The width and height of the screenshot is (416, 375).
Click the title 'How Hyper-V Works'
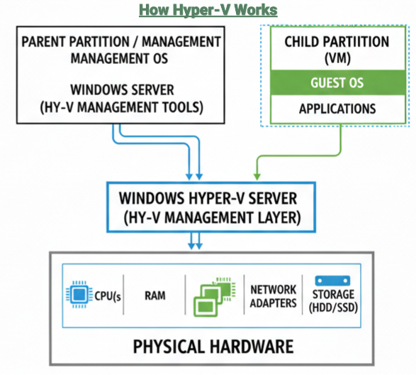tap(208, 10)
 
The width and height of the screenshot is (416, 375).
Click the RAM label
tap(154, 295)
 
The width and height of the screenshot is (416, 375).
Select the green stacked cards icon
tap(213, 294)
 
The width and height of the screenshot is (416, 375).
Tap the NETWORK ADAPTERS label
tap(273, 295)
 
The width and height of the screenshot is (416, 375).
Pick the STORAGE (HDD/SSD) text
tap(334, 301)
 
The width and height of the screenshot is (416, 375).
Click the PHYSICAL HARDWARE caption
tap(213, 347)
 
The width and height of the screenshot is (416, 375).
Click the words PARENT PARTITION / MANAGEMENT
tap(120, 41)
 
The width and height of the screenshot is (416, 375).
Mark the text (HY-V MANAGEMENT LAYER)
tap(210, 217)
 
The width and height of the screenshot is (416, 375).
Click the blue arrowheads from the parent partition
tap(196, 175)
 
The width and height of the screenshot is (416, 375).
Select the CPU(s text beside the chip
tap(107, 295)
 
